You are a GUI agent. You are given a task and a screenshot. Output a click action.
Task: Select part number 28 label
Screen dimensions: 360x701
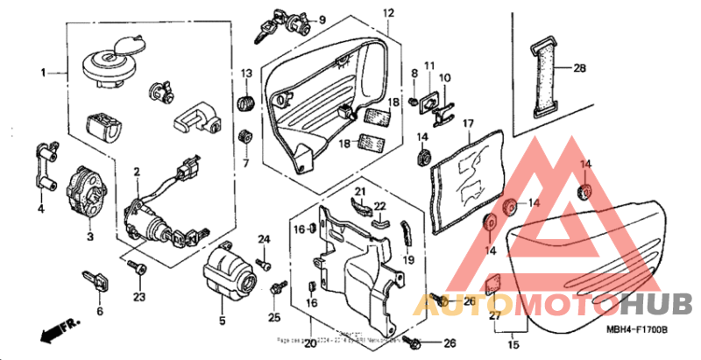(578, 68)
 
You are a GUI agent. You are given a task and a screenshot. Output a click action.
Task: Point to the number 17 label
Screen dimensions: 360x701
(468, 124)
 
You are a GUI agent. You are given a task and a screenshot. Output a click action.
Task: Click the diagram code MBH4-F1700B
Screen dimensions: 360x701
(637, 328)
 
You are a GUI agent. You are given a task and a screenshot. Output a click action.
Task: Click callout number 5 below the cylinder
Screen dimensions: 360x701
(222, 320)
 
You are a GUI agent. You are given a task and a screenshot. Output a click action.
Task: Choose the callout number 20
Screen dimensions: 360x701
(309, 342)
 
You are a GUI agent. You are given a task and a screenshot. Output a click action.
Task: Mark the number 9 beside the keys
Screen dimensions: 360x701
(322, 20)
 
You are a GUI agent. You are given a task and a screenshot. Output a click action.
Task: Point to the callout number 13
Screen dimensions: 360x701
(246, 72)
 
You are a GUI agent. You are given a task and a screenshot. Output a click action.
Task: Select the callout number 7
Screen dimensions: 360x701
(246, 163)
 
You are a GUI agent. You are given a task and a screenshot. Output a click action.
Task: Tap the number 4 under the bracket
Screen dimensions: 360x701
(39, 208)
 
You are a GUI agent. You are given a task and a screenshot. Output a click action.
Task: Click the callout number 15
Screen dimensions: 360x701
(513, 346)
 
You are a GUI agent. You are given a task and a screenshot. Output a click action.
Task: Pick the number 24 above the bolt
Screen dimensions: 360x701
(263, 239)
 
